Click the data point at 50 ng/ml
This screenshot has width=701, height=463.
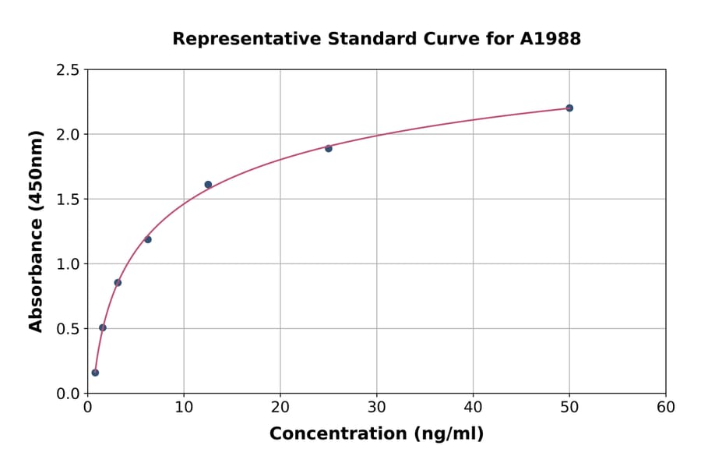tap(569, 108)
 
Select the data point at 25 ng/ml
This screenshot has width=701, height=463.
tap(329, 148)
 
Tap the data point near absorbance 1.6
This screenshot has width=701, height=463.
tap(208, 185)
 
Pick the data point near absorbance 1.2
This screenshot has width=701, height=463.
tap(148, 239)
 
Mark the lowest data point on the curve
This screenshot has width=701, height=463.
tap(95, 373)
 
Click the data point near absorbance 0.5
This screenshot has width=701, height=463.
tap(103, 327)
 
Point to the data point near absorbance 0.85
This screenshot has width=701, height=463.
tap(118, 282)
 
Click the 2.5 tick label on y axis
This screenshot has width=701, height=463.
tap(68, 70)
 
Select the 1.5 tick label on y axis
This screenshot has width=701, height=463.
tap(68, 200)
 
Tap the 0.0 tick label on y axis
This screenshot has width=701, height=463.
tap(68, 394)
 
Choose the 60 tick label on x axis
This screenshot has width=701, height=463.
tap(665, 408)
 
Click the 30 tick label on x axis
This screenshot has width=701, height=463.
tap(376, 408)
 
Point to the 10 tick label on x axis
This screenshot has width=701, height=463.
tap(184, 408)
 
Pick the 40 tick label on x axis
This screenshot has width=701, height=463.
tap(473, 408)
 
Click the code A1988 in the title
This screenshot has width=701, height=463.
tap(550, 39)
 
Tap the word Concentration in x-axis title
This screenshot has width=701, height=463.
tap(340, 434)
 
